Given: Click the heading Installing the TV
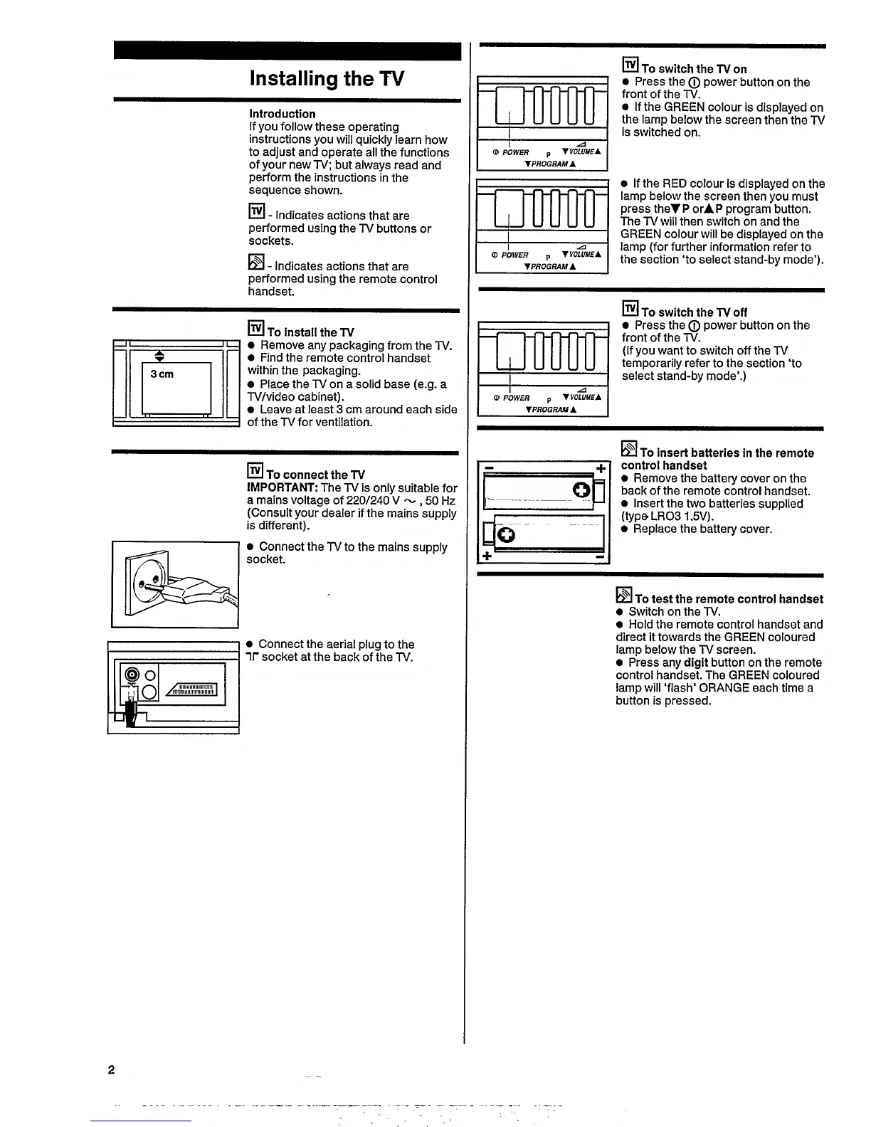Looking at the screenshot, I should click(327, 78).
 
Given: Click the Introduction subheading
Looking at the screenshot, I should click(282, 114).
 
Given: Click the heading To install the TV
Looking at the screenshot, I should click(310, 332).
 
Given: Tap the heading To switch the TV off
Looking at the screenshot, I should click(694, 312).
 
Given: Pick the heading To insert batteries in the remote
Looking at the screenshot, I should click(726, 453).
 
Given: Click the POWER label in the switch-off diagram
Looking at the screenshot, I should click(516, 398).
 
